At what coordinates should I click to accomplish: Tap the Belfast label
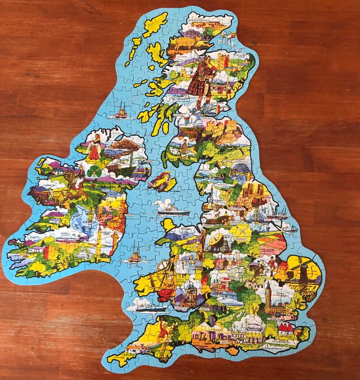tap(150, 161)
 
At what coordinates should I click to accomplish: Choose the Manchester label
tap(240, 223)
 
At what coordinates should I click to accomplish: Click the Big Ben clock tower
tap(268, 295)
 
